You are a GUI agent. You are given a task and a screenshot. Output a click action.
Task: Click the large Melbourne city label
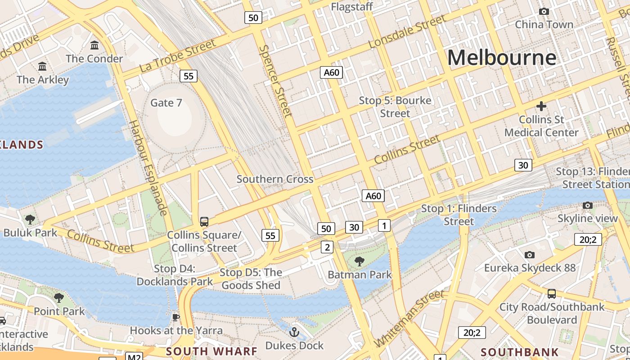[x=502, y=58]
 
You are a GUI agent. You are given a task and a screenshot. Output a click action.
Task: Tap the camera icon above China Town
[x=544, y=12]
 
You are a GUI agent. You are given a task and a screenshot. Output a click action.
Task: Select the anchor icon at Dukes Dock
[x=294, y=332]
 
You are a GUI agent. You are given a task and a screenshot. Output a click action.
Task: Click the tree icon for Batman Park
[x=359, y=261]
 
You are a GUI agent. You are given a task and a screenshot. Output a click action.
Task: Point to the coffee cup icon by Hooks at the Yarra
[x=176, y=318]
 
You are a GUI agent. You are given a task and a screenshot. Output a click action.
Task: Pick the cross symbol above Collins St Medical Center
[x=541, y=107]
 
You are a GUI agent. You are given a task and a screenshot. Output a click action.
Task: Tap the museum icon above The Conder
[x=94, y=45]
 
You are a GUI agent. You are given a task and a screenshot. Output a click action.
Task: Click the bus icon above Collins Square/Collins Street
[x=204, y=221]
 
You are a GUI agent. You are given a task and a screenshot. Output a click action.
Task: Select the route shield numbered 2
[x=327, y=247]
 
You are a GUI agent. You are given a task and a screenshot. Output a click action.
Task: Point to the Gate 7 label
[x=166, y=103]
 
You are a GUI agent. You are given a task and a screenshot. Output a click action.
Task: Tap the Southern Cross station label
[x=275, y=179]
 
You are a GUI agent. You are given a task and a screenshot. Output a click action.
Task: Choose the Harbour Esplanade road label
[x=148, y=167]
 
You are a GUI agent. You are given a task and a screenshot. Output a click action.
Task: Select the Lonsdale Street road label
[x=407, y=31]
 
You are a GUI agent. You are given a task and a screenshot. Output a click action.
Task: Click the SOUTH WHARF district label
[x=211, y=351]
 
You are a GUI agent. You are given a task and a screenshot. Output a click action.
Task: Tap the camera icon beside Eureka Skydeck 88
[x=530, y=255]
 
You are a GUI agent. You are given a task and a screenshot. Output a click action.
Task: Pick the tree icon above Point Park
[x=58, y=298]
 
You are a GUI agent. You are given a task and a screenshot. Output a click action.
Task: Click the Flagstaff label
[x=352, y=7]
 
